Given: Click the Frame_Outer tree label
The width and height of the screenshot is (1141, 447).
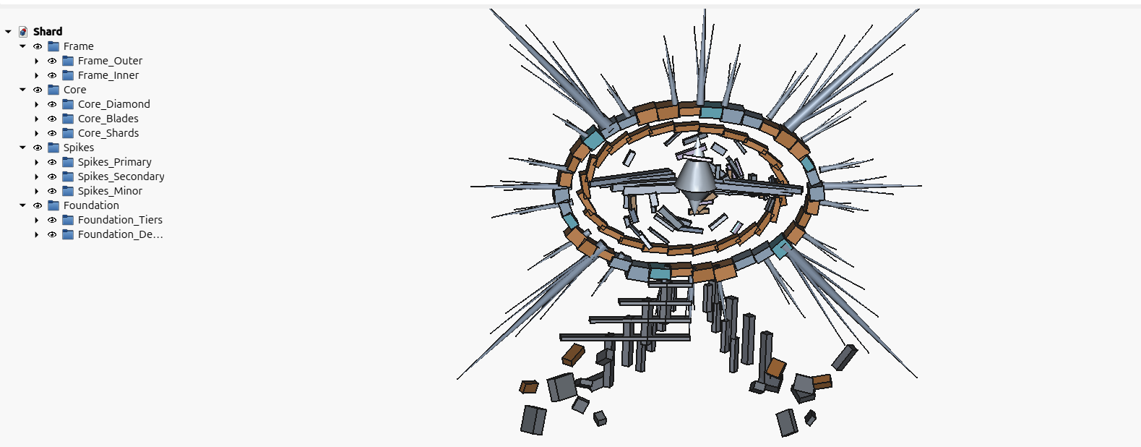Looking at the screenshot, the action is (x=110, y=61).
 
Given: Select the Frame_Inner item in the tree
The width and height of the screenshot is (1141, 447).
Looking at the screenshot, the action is (x=108, y=75).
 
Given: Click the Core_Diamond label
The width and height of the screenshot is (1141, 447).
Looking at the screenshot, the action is (x=113, y=104).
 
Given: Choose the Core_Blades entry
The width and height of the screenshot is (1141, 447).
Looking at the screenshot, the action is (x=108, y=118).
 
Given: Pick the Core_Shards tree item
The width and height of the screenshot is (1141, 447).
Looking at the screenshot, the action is (x=108, y=133).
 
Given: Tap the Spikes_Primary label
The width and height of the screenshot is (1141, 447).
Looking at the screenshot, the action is (x=115, y=162).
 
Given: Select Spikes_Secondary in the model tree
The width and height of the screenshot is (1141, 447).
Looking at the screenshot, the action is (x=121, y=176).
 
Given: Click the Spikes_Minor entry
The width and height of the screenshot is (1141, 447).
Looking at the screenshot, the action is (x=110, y=191).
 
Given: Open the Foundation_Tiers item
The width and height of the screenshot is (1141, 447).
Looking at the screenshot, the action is (x=120, y=220).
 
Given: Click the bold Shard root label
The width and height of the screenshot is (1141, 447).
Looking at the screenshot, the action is (x=48, y=32).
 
